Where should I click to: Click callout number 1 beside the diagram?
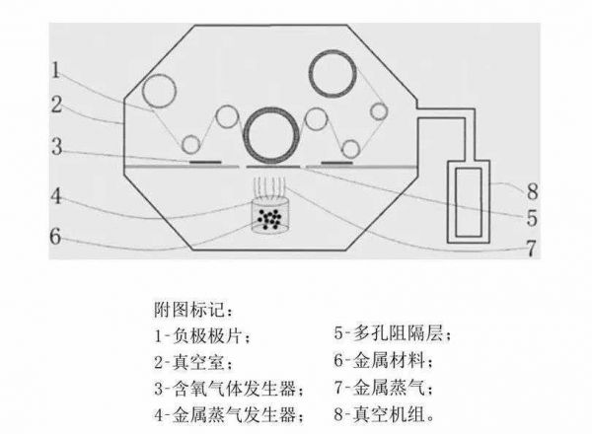point(56,71)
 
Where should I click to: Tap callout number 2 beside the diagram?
point(56,105)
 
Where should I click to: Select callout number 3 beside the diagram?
point(56,146)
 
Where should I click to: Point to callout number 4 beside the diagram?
point(56,196)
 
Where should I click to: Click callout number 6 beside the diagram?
point(55,237)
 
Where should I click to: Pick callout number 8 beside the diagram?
point(533,191)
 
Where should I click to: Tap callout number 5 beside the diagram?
point(532,218)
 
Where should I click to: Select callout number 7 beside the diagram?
point(531,249)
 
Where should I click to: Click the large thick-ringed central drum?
point(271,135)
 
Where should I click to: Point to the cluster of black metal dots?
point(269,219)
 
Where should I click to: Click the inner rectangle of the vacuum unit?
point(469,202)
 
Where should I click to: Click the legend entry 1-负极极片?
point(202,335)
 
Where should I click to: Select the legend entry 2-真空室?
point(193,362)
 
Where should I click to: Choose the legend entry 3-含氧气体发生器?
point(229,389)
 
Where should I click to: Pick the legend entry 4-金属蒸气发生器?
point(229,415)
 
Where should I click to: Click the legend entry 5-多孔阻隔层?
point(392,333)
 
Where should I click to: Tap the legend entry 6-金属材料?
point(383,361)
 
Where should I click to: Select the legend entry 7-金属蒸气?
point(383,388)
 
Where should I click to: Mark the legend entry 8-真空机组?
point(384,414)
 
